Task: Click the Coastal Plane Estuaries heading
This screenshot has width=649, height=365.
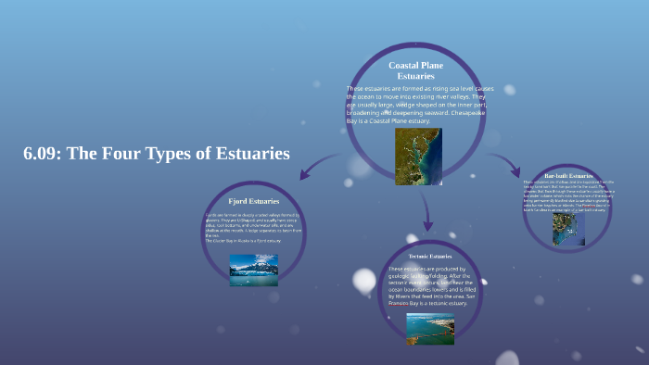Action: [x=422, y=69]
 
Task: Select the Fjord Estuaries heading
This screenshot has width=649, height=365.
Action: [x=253, y=200]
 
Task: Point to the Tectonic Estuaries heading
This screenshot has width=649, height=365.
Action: [x=428, y=256]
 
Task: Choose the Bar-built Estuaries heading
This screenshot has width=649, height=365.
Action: [x=568, y=175]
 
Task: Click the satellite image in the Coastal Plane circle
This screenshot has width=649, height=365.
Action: [x=418, y=156]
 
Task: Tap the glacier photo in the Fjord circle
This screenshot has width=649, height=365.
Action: [x=253, y=270]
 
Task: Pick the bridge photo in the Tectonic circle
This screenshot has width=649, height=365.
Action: [x=430, y=328]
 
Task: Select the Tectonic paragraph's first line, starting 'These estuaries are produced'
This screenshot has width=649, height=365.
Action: [x=428, y=270]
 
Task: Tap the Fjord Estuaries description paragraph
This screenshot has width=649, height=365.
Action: [x=253, y=228]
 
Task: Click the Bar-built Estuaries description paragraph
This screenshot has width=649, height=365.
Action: [x=568, y=196]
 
